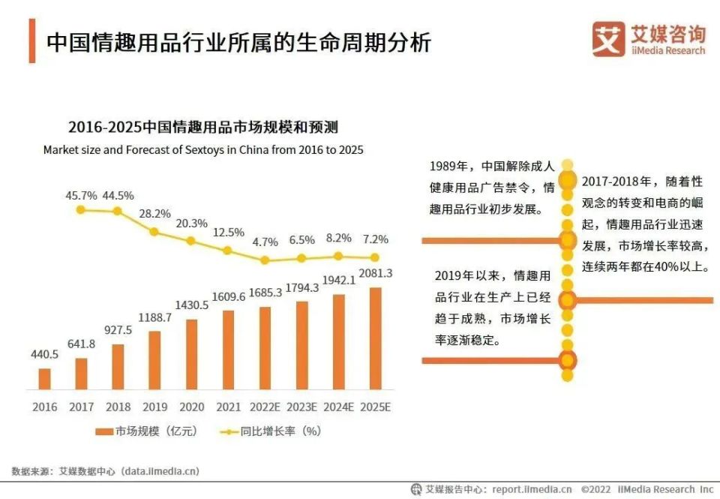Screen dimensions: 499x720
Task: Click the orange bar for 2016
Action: (44, 379)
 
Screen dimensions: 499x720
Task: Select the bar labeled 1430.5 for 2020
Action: (191, 354)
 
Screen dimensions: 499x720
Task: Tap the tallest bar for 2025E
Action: (375, 338)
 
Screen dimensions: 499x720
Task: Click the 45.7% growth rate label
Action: (82, 195)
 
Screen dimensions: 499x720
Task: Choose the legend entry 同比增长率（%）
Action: (271, 431)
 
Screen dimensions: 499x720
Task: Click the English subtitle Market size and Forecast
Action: (202, 149)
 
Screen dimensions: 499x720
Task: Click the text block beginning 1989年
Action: (491, 187)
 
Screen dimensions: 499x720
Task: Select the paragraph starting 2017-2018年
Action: (645, 224)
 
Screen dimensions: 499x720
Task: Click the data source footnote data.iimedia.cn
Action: (106, 471)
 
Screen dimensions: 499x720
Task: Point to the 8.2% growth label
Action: (338, 238)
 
